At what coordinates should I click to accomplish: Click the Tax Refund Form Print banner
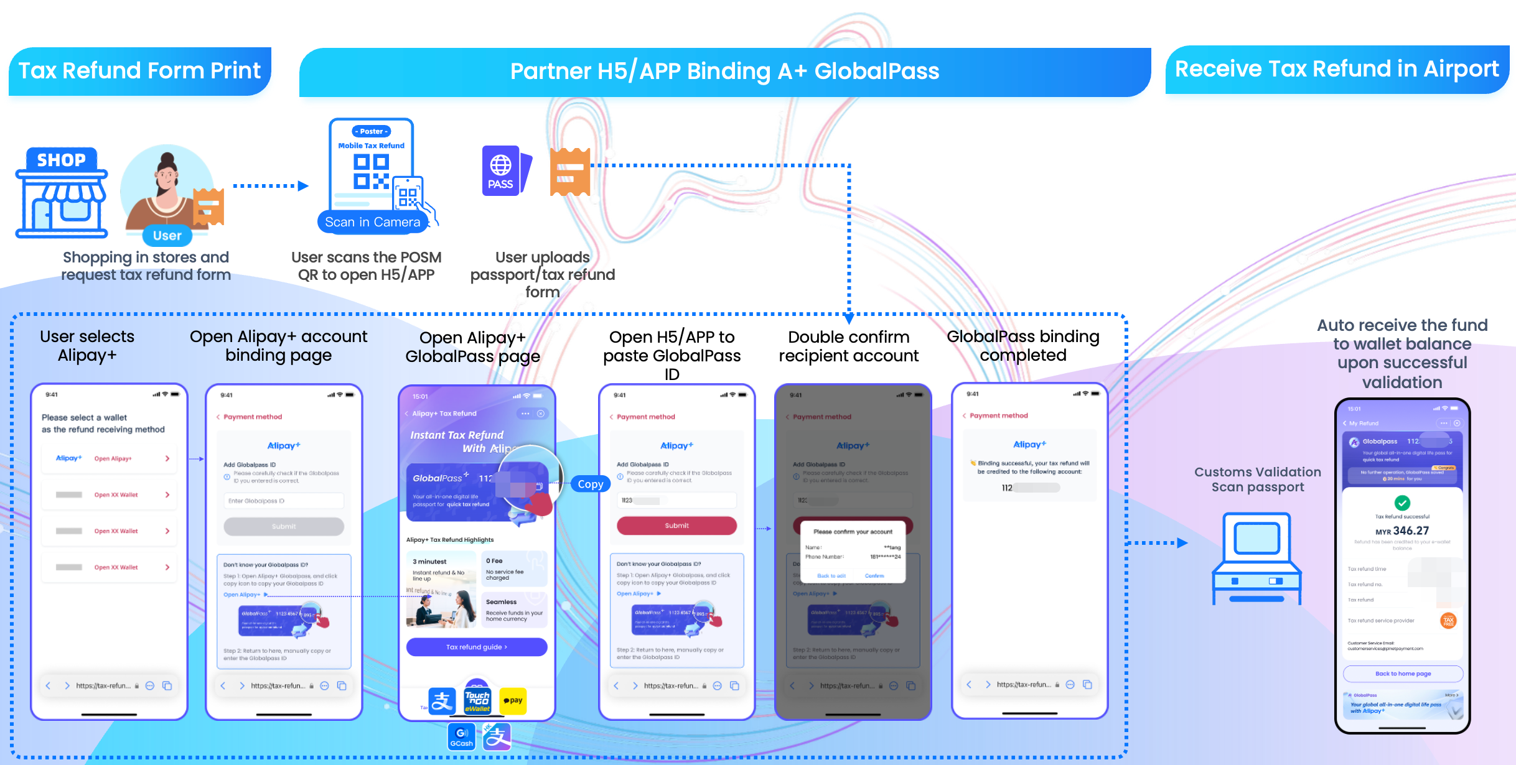click(140, 71)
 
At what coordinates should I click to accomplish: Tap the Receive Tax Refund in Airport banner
click(1337, 69)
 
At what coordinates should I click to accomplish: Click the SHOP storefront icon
click(62, 193)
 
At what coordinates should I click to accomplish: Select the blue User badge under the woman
click(167, 236)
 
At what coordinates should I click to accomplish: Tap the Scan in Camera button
click(372, 222)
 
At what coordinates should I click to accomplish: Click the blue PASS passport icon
click(502, 171)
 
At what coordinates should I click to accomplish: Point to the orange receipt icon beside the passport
click(569, 172)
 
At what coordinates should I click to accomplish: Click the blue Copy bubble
click(590, 484)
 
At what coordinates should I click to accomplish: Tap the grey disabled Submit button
click(284, 526)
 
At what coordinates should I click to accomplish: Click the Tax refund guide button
click(477, 647)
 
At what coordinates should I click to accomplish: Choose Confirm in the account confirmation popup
click(874, 576)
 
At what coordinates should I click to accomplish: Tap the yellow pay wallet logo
click(513, 700)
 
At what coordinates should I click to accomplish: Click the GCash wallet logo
click(461, 736)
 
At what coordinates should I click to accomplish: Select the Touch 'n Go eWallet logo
click(477, 700)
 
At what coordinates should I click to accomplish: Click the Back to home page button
click(1403, 674)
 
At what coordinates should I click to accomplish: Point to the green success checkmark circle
click(1402, 503)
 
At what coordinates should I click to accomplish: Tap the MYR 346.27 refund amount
click(1402, 531)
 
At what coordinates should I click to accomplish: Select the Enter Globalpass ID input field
click(284, 501)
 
